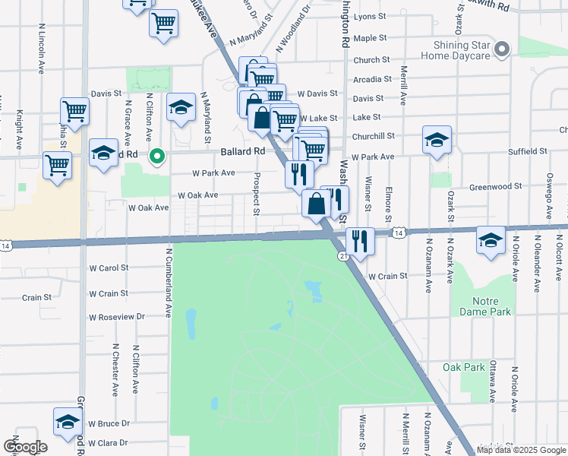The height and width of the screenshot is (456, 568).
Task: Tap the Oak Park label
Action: [x=463, y=367]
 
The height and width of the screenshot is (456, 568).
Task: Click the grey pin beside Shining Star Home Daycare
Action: [x=501, y=50]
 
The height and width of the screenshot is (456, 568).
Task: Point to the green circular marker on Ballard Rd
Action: [x=157, y=157]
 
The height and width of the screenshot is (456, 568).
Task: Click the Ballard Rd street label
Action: [x=243, y=151]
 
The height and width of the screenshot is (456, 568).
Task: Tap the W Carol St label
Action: [x=109, y=268]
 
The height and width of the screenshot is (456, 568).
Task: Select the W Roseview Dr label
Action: [x=116, y=317]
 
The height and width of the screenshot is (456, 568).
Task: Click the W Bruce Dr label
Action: [x=109, y=423]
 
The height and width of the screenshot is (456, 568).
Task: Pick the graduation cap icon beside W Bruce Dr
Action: [x=68, y=421]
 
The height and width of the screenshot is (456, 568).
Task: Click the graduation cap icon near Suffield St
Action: [x=437, y=140]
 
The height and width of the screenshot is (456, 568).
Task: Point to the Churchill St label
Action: [x=374, y=136]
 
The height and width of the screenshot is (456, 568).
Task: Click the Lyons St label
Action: [x=370, y=16]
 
